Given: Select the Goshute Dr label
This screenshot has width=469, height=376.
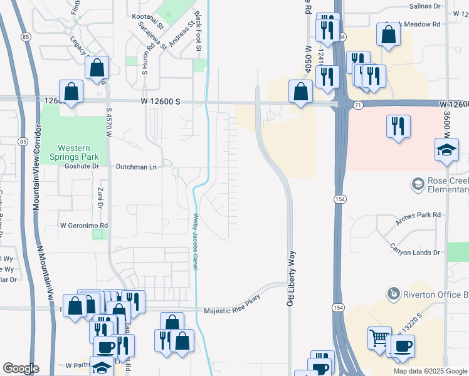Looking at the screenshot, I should point(82,167).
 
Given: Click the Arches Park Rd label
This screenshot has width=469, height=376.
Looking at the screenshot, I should point(419,215).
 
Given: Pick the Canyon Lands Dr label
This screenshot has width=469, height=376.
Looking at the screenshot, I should point(414,252).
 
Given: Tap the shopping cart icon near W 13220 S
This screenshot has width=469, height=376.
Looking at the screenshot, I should point(379,338).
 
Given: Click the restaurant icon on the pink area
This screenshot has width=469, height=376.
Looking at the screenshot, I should point(398,127).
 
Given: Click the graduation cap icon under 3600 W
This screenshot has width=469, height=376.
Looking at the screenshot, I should point(446,150).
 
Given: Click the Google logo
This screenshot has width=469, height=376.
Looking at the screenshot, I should point(21,368).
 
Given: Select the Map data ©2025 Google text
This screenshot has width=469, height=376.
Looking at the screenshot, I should point(429,371).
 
